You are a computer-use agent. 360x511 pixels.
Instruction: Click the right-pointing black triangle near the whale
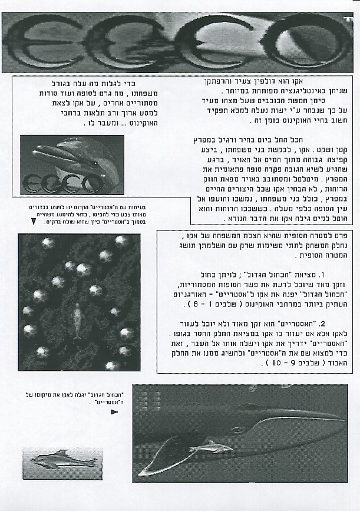(x=114, y=412)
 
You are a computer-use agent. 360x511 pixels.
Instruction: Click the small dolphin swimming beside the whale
(x=210, y=448)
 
